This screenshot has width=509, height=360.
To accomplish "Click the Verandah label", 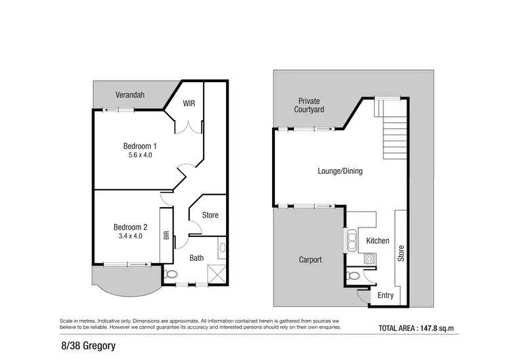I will [x=132, y=95].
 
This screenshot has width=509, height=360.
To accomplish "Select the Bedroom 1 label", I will [x=140, y=146].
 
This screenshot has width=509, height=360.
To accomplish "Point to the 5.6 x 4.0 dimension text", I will [x=140, y=156].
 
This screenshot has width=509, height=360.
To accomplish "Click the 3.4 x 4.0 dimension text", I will [x=130, y=236].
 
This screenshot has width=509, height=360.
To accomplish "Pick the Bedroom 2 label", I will [x=130, y=227].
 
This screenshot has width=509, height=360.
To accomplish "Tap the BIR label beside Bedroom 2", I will [x=166, y=236].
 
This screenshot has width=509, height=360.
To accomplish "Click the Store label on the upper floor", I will [x=210, y=215].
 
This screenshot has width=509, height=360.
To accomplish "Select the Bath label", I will [x=197, y=258].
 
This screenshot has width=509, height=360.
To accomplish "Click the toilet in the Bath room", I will [x=170, y=274].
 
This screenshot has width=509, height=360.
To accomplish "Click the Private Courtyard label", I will [x=309, y=105].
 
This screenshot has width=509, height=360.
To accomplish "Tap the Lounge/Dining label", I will [x=340, y=171].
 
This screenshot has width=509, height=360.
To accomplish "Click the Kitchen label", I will [x=377, y=240].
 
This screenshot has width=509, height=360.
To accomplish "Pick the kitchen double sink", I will [x=354, y=240].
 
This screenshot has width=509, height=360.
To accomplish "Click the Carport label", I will [x=310, y=259].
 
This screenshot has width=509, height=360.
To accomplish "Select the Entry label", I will [x=385, y=295].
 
